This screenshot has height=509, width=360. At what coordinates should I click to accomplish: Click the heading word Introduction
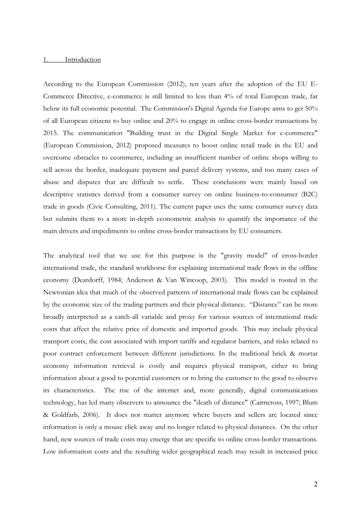pos(83,59)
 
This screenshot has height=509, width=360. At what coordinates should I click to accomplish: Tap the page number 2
pos(316,484)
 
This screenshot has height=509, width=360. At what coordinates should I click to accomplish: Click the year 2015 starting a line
pos(50,133)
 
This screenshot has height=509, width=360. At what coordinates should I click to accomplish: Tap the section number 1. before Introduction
pos(46,59)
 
